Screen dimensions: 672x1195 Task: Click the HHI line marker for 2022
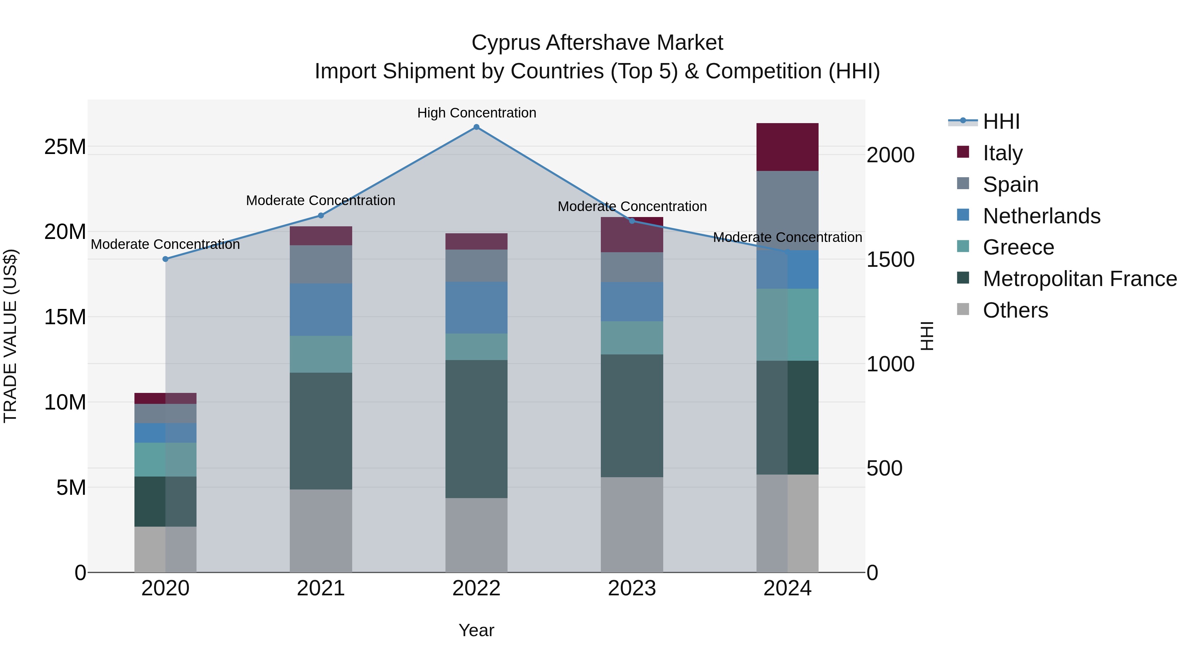476,127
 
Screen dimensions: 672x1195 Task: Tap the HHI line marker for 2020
166,259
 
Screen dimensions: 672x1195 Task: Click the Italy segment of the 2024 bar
787,147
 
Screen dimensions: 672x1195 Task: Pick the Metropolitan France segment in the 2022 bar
476,429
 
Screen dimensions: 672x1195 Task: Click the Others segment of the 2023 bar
632,525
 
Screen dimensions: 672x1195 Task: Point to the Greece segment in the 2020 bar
166,460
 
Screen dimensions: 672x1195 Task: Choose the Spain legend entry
1010,185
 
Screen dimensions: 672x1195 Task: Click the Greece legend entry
1018,247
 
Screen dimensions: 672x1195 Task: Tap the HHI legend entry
1001,121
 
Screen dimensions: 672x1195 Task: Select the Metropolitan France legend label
1079,279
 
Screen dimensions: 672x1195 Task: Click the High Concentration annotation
476,113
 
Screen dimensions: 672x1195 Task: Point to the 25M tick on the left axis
65,147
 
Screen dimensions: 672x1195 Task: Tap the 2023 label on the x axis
632,588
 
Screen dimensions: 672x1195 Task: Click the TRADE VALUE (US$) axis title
10,336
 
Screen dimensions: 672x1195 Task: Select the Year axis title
476,630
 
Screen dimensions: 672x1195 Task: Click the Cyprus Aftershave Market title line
597,43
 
